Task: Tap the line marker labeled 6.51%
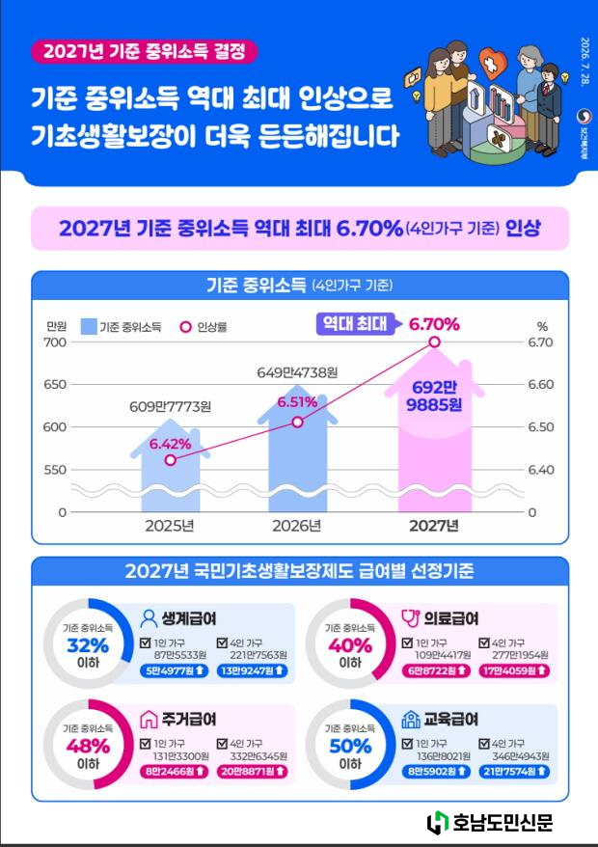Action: coord(297,422)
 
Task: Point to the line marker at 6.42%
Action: coord(170,460)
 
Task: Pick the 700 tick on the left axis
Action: coord(57,342)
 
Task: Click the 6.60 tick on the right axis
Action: coord(540,385)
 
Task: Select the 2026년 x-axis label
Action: coord(297,526)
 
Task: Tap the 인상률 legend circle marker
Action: coord(186,327)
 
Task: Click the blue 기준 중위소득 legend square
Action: coord(89,327)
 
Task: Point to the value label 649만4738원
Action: coord(297,372)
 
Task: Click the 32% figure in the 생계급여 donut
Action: coord(88,645)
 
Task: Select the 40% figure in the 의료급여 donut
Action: coord(350,645)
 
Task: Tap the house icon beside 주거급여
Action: coord(149,720)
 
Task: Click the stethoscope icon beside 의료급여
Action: coord(411,618)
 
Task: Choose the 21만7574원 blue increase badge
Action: coord(514,772)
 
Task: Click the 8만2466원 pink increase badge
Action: coord(174,772)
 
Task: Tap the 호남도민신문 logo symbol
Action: coord(438,823)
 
